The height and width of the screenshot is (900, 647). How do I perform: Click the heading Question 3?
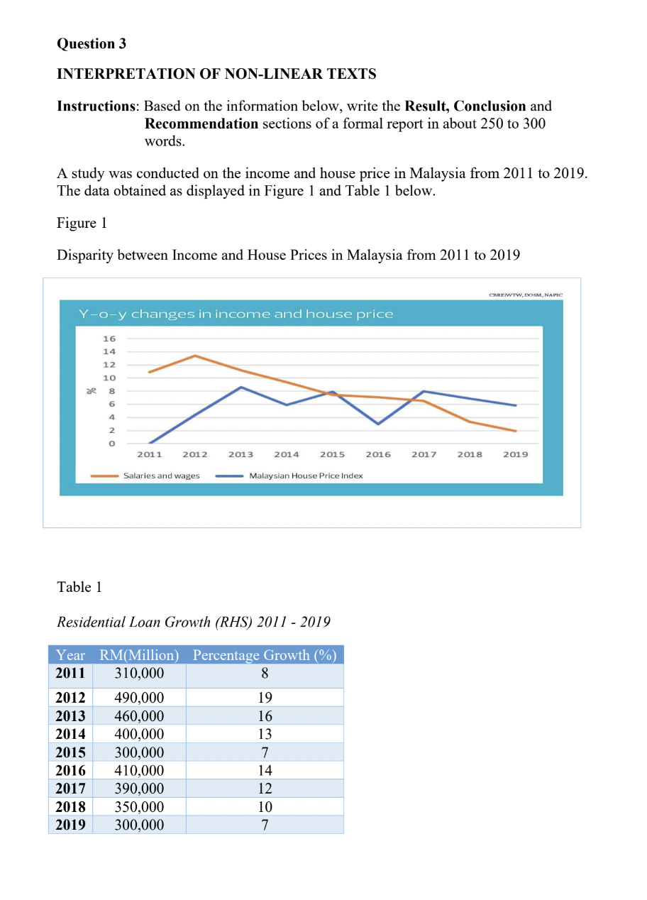[x=92, y=44]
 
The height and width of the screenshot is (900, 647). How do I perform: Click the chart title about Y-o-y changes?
[x=236, y=314]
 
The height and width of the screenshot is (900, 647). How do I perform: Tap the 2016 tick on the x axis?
[x=377, y=454]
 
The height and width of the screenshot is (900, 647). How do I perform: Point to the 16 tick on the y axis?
[x=110, y=339]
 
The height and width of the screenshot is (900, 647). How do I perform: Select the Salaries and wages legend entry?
[x=161, y=476]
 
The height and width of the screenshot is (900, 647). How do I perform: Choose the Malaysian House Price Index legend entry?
[x=306, y=476]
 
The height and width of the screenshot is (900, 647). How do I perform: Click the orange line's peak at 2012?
[x=195, y=356]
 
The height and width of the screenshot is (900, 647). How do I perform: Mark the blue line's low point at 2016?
[x=378, y=424]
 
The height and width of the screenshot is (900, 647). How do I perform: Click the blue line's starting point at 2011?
[x=149, y=443]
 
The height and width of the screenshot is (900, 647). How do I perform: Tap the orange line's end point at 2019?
[x=516, y=431]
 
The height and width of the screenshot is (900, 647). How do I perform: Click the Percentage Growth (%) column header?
[x=265, y=654]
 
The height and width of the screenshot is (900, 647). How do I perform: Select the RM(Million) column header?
[x=139, y=654]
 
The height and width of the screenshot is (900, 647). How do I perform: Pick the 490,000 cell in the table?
[x=139, y=697]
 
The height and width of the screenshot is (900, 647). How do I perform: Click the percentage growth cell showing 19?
[x=265, y=697]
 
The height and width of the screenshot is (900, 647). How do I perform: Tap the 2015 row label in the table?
[x=70, y=752]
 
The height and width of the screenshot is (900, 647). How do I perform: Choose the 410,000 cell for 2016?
[x=139, y=770]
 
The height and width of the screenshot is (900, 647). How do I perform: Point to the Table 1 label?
[x=74, y=587]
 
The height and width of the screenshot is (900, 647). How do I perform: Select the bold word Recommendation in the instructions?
[x=201, y=124]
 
